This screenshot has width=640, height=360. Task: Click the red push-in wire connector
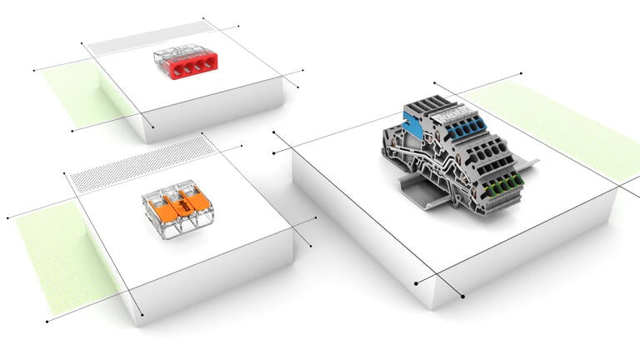(180, 62)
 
